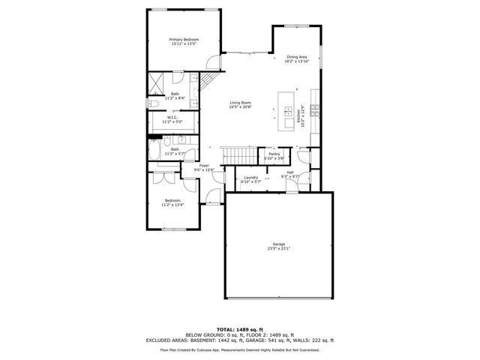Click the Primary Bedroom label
182,39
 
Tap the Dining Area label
297,57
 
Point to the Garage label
278,244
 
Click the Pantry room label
274,154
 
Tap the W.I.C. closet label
172,117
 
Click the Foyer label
204,166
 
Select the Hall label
289,172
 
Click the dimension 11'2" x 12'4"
172,205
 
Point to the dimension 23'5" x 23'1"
278,249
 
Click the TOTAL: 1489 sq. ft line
240,329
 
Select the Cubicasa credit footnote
240,349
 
